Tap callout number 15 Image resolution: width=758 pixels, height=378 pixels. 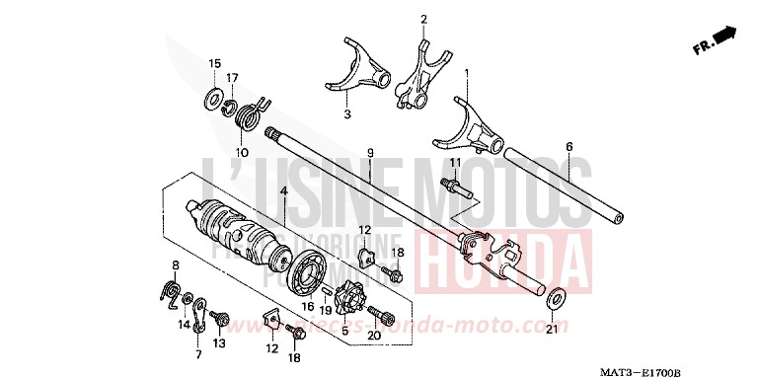click(214, 64)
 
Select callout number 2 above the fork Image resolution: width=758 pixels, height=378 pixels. click(423, 19)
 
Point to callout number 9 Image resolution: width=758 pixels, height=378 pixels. click(370, 152)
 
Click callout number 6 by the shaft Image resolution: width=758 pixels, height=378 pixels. click(568, 146)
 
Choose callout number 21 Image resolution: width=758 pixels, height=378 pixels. click(551, 328)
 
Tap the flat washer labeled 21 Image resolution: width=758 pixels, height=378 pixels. click(555, 295)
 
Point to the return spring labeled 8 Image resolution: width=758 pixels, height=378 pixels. click(171, 291)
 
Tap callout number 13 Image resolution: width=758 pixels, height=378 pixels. click(219, 342)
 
